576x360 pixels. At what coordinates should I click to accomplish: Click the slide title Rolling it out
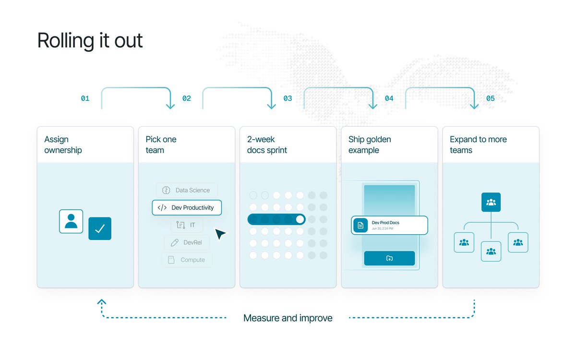(x=90, y=41)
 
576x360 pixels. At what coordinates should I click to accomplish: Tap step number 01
(x=85, y=98)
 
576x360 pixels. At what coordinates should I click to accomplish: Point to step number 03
(x=288, y=98)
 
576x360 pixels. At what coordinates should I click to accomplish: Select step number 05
(x=491, y=98)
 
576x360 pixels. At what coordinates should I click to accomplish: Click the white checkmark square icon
(x=100, y=228)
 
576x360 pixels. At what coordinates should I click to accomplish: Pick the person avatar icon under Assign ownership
(x=71, y=221)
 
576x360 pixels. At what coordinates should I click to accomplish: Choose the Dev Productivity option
(x=187, y=207)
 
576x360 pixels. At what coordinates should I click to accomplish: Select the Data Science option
(x=187, y=190)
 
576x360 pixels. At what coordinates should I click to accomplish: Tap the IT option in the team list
(x=187, y=225)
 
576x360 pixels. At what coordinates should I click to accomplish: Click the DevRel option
(x=187, y=242)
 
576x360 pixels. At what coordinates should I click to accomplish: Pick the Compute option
(x=187, y=260)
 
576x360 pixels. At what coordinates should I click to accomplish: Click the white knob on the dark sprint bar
(x=300, y=219)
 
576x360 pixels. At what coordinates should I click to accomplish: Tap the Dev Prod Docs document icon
(x=360, y=225)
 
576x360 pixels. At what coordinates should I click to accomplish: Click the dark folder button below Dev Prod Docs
(x=389, y=258)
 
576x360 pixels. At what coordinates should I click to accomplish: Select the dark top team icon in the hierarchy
(x=491, y=202)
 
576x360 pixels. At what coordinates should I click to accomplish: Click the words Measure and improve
(x=288, y=318)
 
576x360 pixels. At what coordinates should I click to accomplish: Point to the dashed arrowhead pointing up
(x=102, y=301)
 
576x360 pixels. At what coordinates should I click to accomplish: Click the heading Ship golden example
(x=370, y=145)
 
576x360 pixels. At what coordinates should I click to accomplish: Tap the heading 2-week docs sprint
(x=267, y=145)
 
